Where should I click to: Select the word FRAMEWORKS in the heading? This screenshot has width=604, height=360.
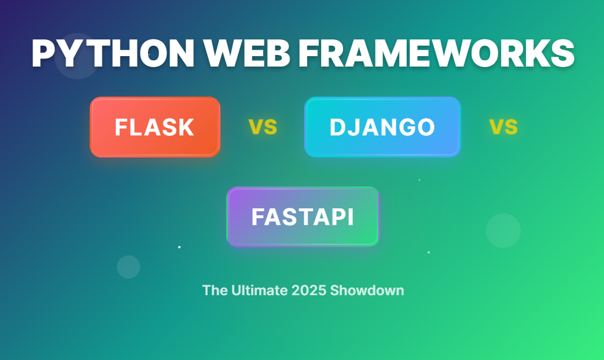click(x=436, y=54)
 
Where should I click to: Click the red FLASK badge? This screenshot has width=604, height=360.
click(x=155, y=127)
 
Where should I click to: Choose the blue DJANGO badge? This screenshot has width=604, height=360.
click(x=382, y=127)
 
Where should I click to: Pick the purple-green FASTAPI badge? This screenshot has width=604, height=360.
click(x=303, y=216)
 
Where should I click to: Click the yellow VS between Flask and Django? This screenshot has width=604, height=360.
click(x=263, y=127)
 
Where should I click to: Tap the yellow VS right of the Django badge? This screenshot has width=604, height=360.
click(x=503, y=127)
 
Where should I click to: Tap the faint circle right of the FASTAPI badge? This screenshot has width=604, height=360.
click(x=503, y=230)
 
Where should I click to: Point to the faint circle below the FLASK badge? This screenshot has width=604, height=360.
click(x=128, y=267)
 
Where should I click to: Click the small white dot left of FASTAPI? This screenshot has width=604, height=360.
click(x=179, y=247)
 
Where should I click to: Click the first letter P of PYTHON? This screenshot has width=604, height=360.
click(x=44, y=54)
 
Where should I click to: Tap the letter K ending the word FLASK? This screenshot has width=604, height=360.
click(x=186, y=127)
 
